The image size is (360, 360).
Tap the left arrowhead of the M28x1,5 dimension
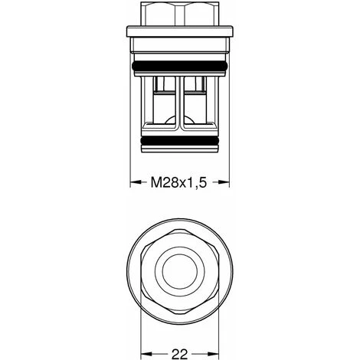point(132,183)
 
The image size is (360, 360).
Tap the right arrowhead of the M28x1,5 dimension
point(225,183)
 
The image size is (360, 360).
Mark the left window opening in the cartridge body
point(164,103)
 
